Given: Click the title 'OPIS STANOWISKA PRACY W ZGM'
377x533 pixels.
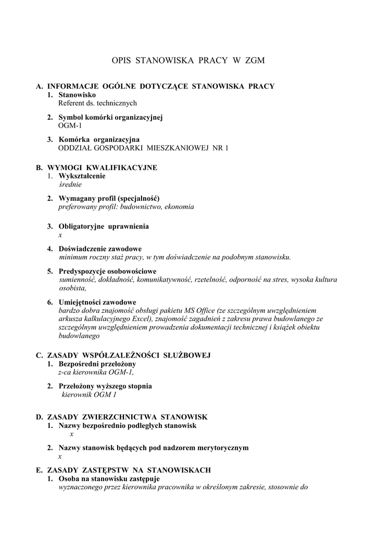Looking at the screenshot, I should [x=188, y=60].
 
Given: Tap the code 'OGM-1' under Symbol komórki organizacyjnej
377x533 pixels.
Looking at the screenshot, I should [x=70, y=125].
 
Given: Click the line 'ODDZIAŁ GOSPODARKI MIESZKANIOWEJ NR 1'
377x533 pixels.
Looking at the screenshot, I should [x=143, y=148].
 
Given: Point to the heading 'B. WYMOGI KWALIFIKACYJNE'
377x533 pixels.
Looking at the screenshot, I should [x=96, y=168].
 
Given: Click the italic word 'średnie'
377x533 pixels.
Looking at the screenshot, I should [x=71, y=184].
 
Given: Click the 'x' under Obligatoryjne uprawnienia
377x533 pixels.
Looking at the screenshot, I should [x=60, y=235].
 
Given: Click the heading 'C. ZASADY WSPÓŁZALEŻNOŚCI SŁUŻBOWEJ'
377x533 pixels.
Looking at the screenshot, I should [x=123, y=355].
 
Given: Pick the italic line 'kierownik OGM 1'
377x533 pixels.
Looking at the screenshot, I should [x=90, y=395].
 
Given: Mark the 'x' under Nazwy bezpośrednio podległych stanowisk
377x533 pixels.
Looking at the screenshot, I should [x=71, y=434].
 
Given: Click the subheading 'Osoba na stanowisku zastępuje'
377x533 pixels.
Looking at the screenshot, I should [x=109, y=478].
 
